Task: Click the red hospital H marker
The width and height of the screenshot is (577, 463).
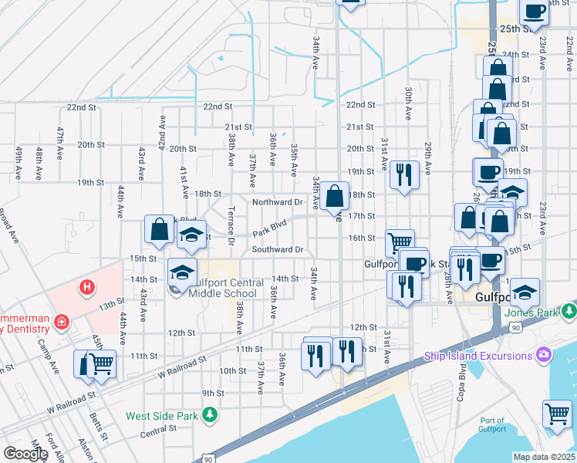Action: [87, 288]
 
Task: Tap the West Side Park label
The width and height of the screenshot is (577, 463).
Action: [164, 416]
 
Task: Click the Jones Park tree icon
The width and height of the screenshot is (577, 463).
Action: [569, 311]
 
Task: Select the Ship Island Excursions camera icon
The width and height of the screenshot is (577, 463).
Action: [545, 355]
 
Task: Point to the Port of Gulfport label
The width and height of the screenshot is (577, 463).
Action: [491, 425]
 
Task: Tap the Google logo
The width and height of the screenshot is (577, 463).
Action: [25, 454]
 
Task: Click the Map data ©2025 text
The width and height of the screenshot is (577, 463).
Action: [544, 457]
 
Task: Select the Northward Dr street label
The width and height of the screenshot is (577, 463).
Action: [278, 202]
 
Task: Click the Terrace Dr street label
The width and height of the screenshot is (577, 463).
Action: [230, 222]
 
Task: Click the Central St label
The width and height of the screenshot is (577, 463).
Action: [159, 434]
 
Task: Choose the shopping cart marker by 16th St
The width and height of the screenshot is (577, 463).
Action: [400, 242]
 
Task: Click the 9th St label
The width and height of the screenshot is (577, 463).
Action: [213, 393]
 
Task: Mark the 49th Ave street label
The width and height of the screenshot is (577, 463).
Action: [18, 159]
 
